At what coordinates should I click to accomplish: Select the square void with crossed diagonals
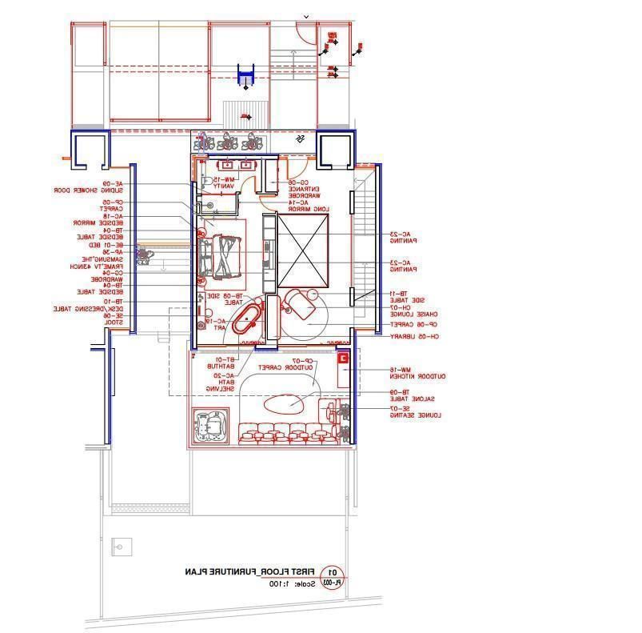pos(303,251)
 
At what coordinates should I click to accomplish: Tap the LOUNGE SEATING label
pos(416,415)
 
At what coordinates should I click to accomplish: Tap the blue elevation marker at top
pos(245,77)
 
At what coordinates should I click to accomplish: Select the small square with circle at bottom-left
pos(120,550)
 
